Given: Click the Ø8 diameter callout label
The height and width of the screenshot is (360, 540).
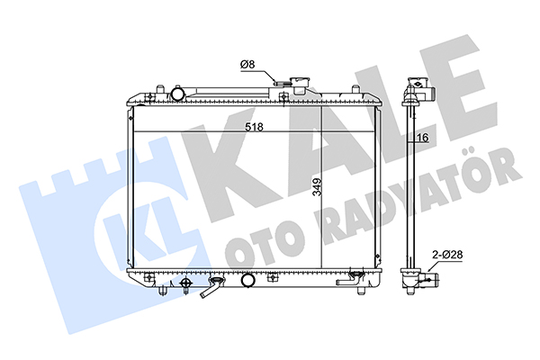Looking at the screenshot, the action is pyautogui.click(x=247, y=65).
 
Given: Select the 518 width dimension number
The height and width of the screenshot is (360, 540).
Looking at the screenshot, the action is pyautogui.click(x=254, y=127).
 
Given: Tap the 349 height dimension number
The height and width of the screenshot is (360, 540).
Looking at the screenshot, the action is pyautogui.click(x=317, y=187).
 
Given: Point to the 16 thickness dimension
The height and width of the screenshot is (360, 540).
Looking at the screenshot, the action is pyautogui.click(x=423, y=138).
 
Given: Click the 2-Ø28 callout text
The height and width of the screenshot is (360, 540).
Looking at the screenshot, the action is pyautogui.click(x=447, y=255).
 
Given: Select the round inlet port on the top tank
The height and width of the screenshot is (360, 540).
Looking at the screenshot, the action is pyautogui.click(x=177, y=93).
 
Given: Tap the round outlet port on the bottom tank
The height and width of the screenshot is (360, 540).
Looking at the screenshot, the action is pyautogui.click(x=247, y=281).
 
